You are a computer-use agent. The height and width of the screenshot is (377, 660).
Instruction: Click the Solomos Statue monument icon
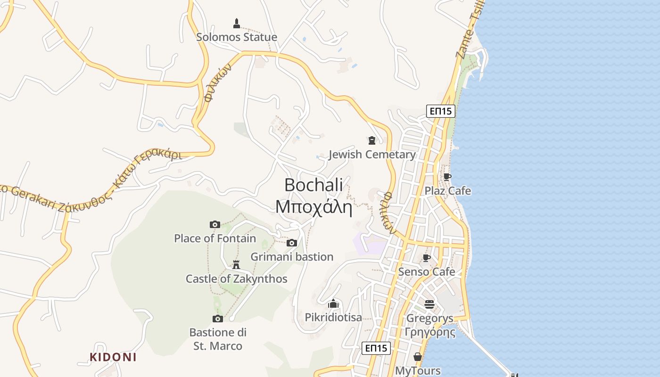pyautogui.click(x=237, y=23)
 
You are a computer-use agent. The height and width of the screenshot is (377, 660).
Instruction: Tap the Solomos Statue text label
pyautogui.click(x=237, y=37)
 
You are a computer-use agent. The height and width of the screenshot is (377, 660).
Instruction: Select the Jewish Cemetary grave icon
pyautogui.click(x=372, y=140)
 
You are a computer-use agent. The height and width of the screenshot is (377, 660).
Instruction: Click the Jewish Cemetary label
pyautogui.click(x=372, y=154)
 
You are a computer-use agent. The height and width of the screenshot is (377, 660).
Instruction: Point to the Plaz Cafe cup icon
pyautogui.click(x=447, y=177)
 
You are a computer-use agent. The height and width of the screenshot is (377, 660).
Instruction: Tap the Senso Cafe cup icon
pyautogui.click(x=426, y=258)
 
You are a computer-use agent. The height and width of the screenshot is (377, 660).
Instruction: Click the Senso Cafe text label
pyautogui.click(x=427, y=271)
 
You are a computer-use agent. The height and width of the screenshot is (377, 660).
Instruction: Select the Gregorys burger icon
pyautogui.click(x=429, y=304)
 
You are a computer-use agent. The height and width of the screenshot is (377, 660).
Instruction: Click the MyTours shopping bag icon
pyautogui.click(x=417, y=357)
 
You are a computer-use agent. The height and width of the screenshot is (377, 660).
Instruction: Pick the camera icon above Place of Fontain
pyautogui.click(x=215, y=224)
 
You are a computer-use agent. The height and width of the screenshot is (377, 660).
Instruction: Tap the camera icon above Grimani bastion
pyautogui.click(x=292, y=243)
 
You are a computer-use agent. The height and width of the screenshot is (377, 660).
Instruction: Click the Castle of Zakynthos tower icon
pyautogui.click(x=236, y=264)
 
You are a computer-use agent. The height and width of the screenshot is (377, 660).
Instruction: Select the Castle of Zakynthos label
pyautogui.click(x=236, y=279)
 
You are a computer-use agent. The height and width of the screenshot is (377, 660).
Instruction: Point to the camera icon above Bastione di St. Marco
pyautogui.click(x=217, y=319)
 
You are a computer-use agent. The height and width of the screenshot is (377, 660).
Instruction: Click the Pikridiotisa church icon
pyautogui.click(x=333, y=303)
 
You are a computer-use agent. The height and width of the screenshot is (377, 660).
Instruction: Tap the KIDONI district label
pyautogui.click(x=113, y=357)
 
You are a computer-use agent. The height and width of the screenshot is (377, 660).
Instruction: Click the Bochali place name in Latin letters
pyautogui.click(x=313, y=185)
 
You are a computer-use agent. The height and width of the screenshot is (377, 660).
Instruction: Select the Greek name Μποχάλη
pyautogui.click(x=313, y=207)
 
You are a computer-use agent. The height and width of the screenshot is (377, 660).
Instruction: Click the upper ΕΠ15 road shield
pyautogui.click(x=441, y=111)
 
